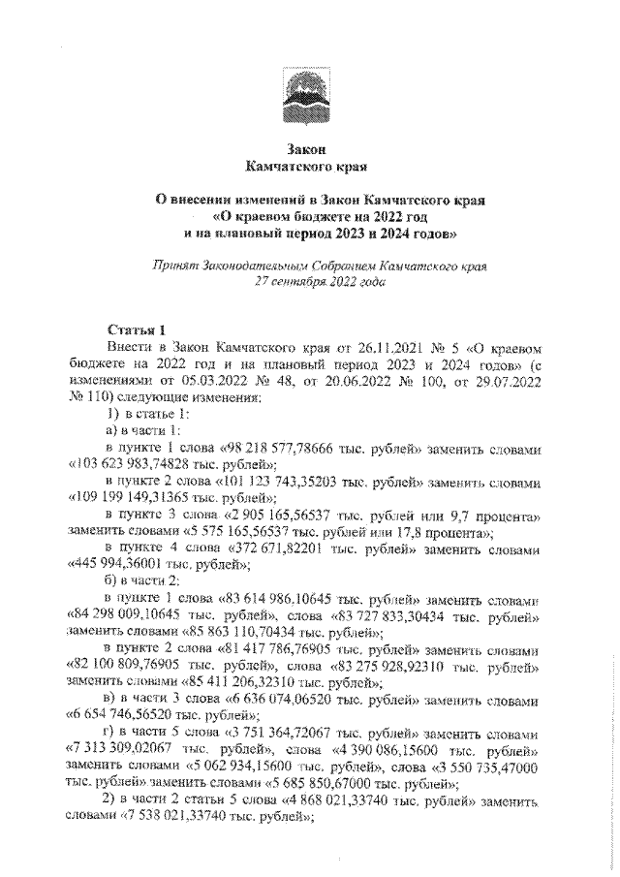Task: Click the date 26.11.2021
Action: pyautogui.click(x=381, y=346)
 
